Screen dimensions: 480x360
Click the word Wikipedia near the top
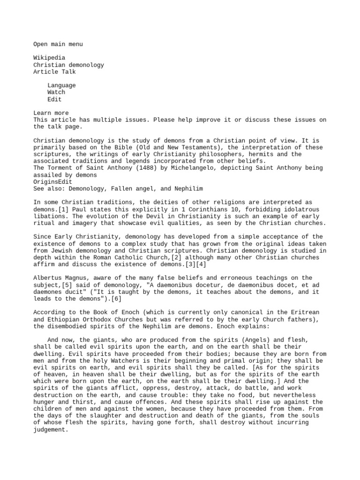(x=49, y=58)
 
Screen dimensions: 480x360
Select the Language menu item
(x=61, y=85)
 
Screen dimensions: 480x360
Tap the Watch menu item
(x=56, y=92)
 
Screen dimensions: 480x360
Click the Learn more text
(x=51, y=113)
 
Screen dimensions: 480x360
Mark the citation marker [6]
(x=114, y=299)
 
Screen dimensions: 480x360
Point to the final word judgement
(x=51, y=429)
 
